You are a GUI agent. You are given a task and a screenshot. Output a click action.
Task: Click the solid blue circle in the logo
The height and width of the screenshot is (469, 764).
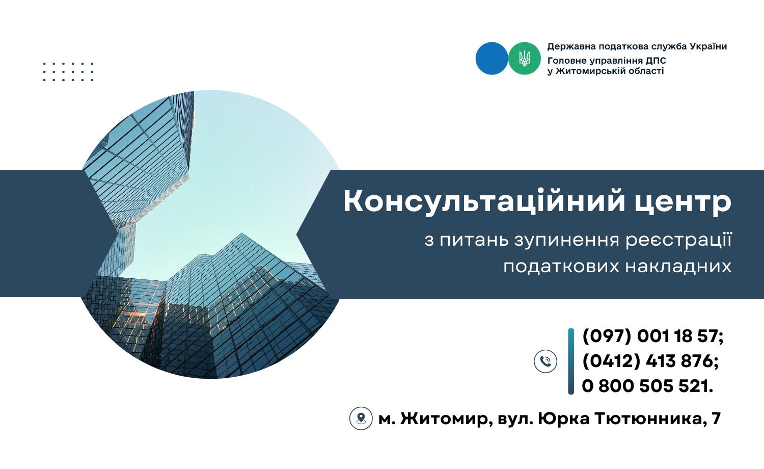coord(492,58)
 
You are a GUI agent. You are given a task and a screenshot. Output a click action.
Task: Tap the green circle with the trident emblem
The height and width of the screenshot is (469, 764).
coord(524,58)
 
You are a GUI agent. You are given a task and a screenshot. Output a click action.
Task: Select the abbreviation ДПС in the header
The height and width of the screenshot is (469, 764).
coord(656,61)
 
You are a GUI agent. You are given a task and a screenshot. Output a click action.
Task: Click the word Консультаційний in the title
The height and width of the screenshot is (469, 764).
coord(484,201)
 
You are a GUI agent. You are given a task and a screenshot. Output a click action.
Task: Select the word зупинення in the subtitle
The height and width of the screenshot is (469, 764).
coord(566,240)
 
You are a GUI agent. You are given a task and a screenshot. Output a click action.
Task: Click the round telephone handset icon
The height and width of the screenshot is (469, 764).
coord(545,361)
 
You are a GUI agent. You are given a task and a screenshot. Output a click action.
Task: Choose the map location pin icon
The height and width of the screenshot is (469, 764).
coord(361,418)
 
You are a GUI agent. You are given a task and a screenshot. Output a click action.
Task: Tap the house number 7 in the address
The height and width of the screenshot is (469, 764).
coord(716,418)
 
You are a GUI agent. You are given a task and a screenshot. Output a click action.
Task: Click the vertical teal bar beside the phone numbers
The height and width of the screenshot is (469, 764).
coord(571,361)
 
